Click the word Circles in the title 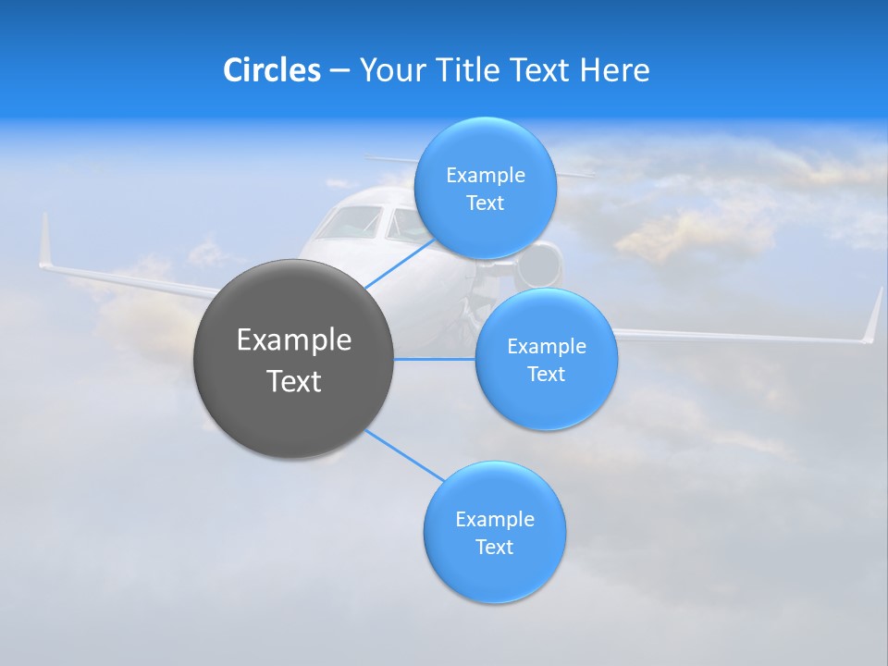[271, 70]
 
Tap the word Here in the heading [615, 70]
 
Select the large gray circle [293, 359]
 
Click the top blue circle [485, 188]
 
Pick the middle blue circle [546, 359]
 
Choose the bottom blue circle [494, 532]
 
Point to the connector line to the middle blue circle [435, 359]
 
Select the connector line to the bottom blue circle [403, 455]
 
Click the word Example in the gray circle [293, 339]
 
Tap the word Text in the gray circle [293, 380]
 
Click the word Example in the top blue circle [485, 175]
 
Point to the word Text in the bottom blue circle [494, 547]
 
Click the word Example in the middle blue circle [546, 346]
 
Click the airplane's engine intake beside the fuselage [542, 264]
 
